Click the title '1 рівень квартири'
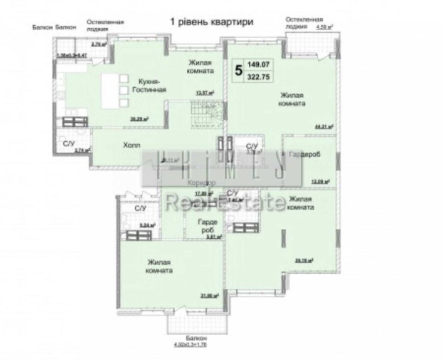click(212, 22)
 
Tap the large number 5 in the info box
click(238, 69)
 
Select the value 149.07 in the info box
click(263, 64)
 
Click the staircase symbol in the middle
click(205, 116)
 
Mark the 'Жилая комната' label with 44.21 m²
click(292, 99)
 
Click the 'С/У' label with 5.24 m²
click(140, 208)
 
